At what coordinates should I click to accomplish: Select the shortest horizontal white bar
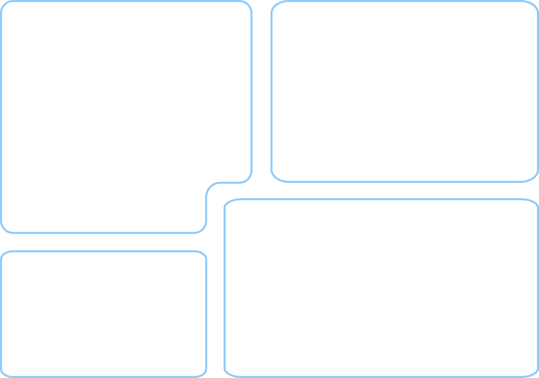67,165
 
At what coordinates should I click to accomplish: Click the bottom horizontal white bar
74,196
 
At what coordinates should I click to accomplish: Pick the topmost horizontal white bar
85,104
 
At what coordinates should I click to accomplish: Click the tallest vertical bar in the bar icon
183,318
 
